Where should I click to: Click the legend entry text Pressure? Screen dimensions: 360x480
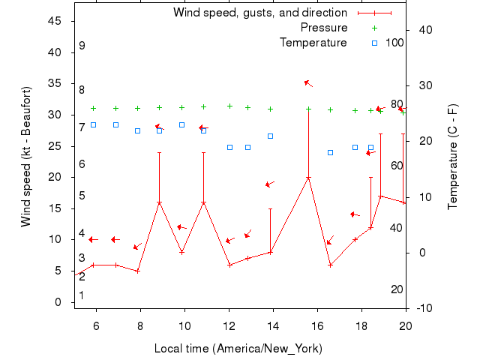click(324, 28)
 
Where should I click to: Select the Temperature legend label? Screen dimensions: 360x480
click(313, 43)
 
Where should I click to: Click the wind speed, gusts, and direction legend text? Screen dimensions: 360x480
click(260, 13)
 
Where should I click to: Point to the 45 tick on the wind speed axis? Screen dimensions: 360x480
click(55, 21)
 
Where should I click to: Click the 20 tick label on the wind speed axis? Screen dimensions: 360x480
click(55, 177)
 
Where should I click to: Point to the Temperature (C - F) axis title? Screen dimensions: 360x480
click(453, 157)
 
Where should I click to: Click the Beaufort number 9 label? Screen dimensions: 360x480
click(82, 46)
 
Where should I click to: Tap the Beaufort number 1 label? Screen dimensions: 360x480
click(82, 295)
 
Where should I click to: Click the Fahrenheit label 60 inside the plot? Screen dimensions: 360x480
click(397, 166)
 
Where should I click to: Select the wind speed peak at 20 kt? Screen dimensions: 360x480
click(308, 178)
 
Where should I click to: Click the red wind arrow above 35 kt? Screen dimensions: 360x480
click(307, 82)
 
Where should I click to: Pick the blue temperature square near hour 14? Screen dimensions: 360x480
click(271, 136)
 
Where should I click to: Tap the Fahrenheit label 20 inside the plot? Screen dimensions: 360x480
click(397, 289)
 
